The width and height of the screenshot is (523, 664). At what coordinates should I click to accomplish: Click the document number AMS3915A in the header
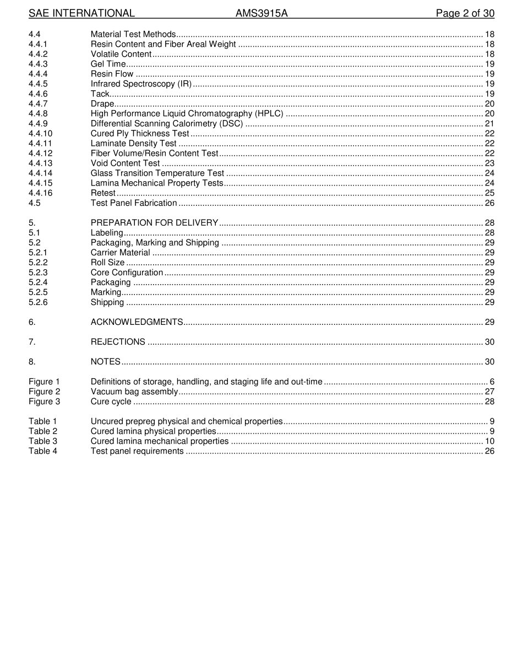[x=261, y=13]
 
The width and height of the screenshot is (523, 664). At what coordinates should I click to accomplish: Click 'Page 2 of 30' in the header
[x=465, y=13]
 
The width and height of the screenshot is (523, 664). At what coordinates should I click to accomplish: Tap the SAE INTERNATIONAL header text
[x=81, y=13]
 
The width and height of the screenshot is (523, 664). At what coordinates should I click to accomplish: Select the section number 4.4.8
[x=38, y=113]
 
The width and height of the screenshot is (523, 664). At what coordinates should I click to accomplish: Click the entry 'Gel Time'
[x=108, y=64]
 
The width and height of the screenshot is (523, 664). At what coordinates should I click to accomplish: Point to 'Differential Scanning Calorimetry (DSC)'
[x=167, y=123]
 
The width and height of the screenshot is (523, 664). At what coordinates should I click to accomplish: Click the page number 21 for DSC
[x=489, y=123]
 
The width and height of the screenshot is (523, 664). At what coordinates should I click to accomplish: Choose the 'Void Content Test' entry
[x=125, y=163]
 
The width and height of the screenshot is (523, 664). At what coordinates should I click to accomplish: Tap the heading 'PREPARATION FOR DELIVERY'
[x=154, y=222]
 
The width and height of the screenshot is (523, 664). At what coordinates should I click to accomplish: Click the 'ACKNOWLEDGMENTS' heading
[x=137, y=322]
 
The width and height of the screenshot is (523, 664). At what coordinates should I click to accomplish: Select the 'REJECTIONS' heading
[x=118, y=341]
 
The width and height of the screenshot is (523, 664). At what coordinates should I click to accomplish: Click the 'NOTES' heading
[x=105, y=361]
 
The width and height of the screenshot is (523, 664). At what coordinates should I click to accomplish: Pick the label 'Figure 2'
[x=44, y=391]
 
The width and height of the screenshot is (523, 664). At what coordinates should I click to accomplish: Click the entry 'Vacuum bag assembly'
[x=134, y=391]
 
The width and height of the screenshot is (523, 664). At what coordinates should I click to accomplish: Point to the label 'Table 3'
[x=43, y=441]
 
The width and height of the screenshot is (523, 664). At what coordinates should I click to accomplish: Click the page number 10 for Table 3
[x=489, y=441]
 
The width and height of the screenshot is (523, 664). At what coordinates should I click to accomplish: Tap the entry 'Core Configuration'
[x=127, y=273]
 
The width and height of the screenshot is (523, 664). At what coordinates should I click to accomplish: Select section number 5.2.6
[x=38, y=302]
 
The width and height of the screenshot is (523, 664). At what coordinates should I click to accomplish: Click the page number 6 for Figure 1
[x=492, y=382]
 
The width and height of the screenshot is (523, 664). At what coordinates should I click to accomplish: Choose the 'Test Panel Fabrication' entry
[x=134, y=203]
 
